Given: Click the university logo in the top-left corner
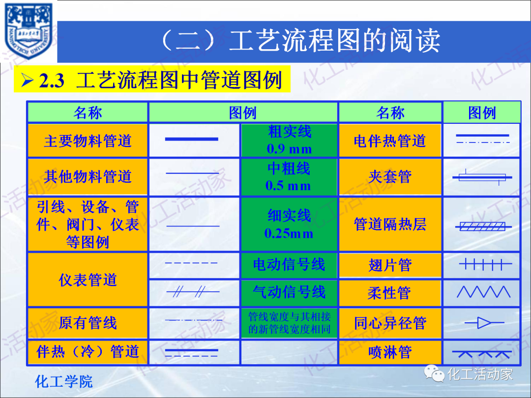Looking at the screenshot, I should coord(29,31).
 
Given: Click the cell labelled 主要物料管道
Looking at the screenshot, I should coord(88,141).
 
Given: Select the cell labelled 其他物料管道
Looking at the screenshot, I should coord(88,176).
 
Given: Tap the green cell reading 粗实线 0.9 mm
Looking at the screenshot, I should coord(289,140).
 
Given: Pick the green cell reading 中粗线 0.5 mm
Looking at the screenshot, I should coord(289,176).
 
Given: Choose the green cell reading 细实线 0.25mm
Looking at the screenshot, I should coord(289,224).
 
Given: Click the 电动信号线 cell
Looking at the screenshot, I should coord(289,265).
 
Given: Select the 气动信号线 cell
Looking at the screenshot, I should coord(289,293).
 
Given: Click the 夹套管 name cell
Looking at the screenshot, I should coord(390,176).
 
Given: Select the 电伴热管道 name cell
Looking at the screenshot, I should coord(390,141).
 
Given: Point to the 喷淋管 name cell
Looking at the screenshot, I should coord(390,352).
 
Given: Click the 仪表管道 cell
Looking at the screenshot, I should coord(88,280).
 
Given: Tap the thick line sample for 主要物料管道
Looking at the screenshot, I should coord(191,140).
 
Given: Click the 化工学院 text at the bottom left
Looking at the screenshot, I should coord(64,382).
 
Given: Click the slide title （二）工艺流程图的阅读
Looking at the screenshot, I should coord(300,41).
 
